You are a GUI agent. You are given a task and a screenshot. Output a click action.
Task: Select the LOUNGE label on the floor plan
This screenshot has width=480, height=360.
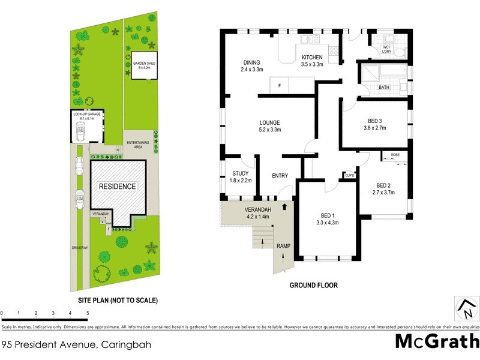(269, 123)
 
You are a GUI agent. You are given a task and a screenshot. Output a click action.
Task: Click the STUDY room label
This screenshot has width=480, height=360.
(240, 174)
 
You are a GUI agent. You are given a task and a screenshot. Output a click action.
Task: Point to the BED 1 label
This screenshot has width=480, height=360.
(327, 216)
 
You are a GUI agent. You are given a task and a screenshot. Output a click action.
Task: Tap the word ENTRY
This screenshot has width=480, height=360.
(280, 176)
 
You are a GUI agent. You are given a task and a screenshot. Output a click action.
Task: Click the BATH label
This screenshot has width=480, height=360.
(385, 88)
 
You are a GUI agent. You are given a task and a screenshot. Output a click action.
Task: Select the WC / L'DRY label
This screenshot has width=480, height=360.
(387, 50)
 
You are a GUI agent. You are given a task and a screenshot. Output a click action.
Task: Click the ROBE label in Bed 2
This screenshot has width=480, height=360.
(395, 155)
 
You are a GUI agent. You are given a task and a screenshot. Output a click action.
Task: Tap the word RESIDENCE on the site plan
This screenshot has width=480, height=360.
(117, 187)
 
